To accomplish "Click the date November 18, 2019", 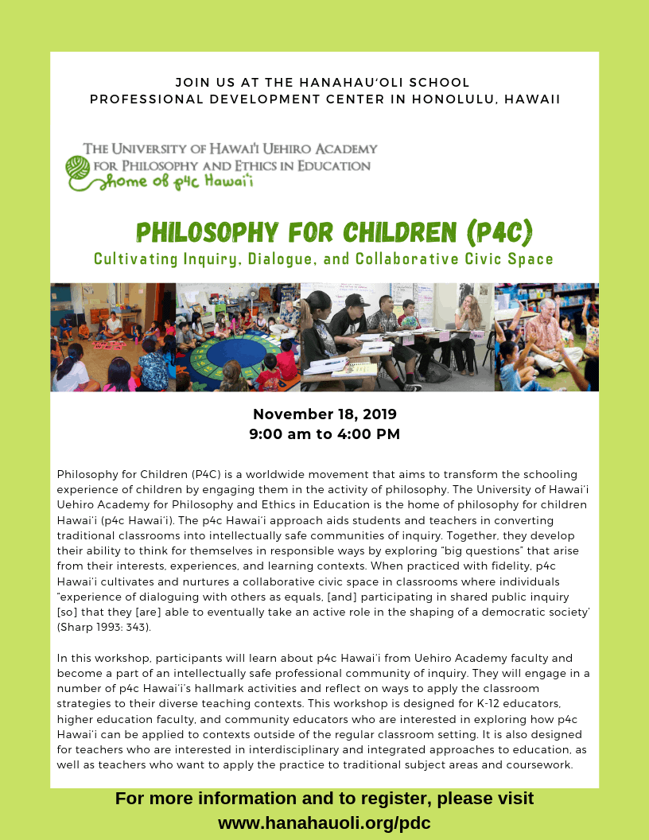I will (x=324, y=414).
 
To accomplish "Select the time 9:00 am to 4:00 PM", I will (x=324, y=434).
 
